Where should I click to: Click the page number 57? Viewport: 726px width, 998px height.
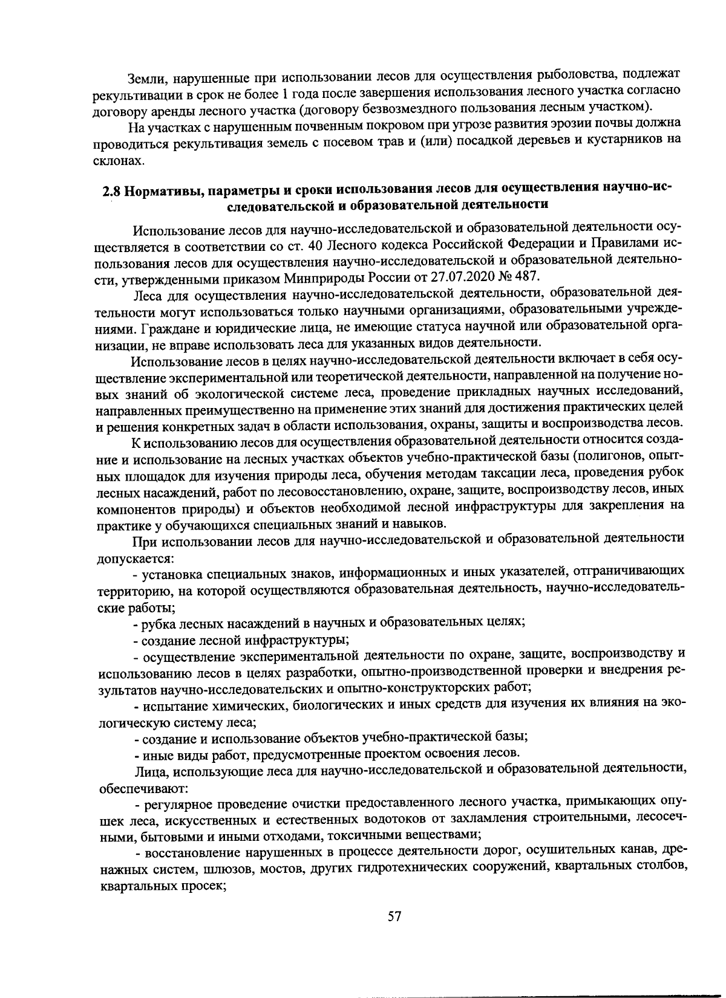click(x=394, y=916)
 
